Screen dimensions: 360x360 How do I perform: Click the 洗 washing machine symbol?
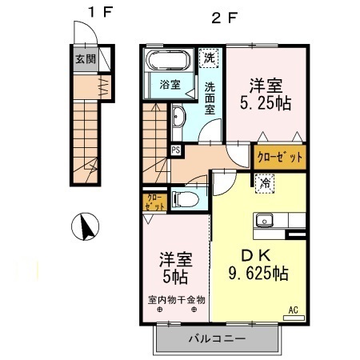click(x=209, y=58)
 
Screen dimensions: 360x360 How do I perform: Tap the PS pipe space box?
click(x=175, y=148)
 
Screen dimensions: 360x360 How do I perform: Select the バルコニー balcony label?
click(x=217, y=339)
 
